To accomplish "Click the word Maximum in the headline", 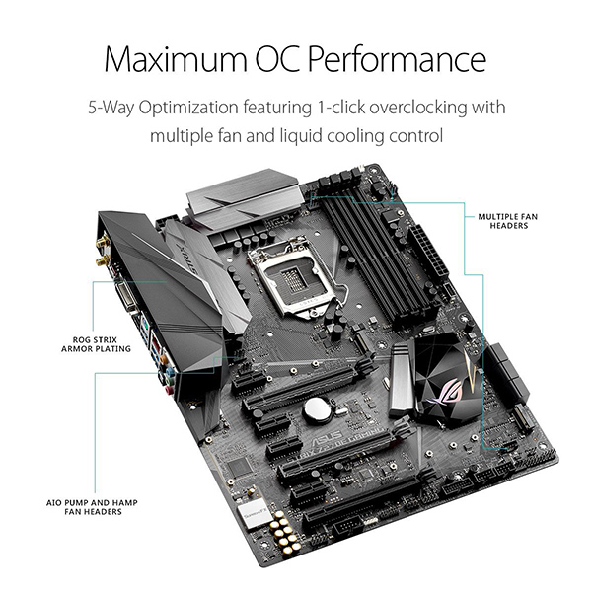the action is tap(176, 59).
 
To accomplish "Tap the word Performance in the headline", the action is tap(397, 59).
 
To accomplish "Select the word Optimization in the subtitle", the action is tap(188, 108).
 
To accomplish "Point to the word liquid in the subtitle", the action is tap(301, 135).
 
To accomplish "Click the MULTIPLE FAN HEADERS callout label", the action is tap(508, 221).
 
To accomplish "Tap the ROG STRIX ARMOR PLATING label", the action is tap(96, 344).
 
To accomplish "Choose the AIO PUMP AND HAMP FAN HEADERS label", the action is tap(92, 507).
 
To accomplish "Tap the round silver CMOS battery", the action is tap(317, 409).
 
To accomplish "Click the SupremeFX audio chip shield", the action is tap(251, 513).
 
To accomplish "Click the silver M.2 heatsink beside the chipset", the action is tap(402, 380).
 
